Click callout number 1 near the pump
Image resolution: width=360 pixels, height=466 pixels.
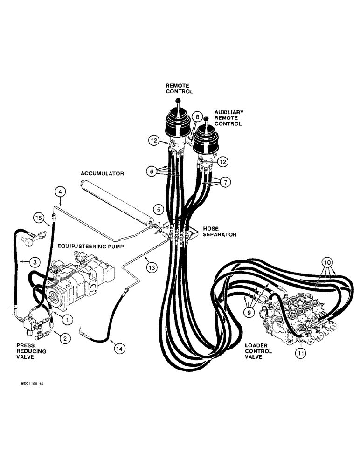67,319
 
